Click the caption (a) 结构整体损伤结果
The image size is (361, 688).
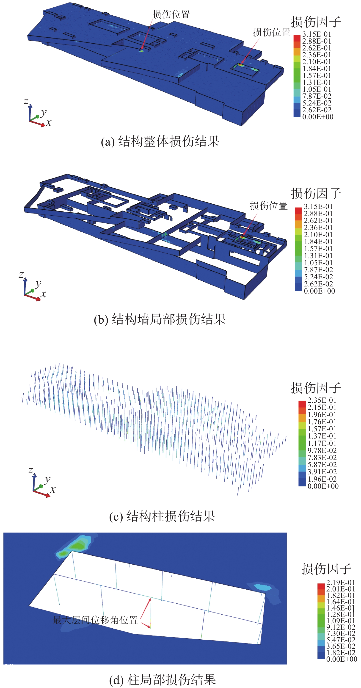tap(160, 141)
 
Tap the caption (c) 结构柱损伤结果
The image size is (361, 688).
tap(162, 516)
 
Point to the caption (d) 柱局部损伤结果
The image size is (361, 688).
tap(162, 680)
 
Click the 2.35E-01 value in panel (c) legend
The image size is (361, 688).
tap(322, 400)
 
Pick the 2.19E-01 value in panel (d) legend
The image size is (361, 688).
tap(340, 582)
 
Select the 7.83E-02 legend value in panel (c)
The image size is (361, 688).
tap(322, 458)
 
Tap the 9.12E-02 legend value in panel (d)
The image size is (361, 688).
tap(341, 627)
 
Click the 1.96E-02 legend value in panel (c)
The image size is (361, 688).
tap(322, 479)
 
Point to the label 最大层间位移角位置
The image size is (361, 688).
tap(95, 620)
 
